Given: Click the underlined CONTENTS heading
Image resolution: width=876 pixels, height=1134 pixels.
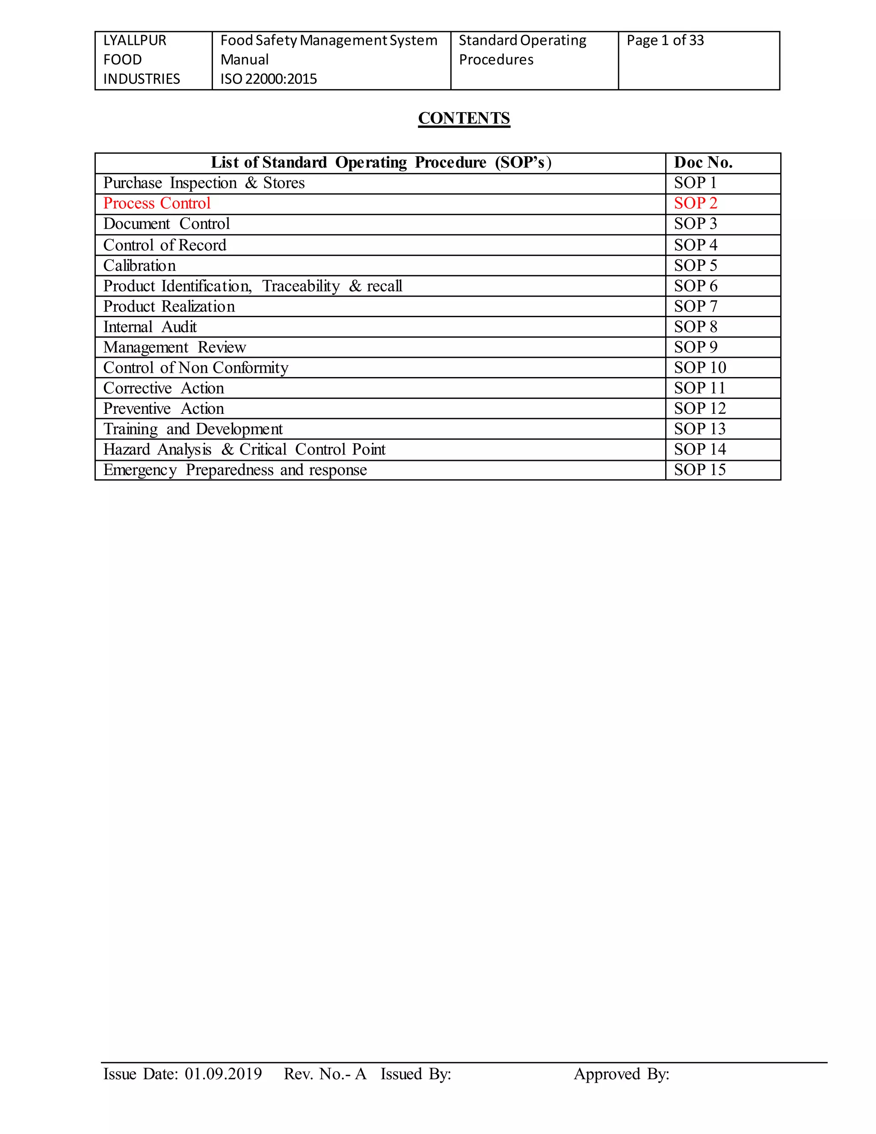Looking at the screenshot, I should click(x=464, y=119).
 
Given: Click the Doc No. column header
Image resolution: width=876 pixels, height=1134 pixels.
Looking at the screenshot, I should click(x=703, y=163).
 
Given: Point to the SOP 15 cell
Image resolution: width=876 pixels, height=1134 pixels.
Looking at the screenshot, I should click(x=699, y=470).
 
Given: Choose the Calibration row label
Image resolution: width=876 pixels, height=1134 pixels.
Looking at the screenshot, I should click(x=139, y=266).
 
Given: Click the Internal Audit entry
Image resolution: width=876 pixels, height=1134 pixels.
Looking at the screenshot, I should click(x=150, y=327).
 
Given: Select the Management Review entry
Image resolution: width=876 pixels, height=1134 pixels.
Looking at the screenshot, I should click(x=175, y=347).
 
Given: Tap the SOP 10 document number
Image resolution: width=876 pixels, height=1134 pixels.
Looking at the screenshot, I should click(x=699, y=368).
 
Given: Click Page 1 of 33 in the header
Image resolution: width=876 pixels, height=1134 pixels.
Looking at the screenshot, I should click(x=665, y=41).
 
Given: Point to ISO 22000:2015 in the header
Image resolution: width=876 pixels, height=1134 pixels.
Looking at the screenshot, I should click(x=268, y=79).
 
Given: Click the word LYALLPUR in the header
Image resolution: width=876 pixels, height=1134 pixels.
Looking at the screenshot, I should click(x=135, y=41).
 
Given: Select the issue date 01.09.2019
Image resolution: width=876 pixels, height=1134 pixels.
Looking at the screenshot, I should click(x=223, y=1074).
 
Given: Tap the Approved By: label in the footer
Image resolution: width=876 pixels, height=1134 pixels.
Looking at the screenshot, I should click(x=621, y=1074).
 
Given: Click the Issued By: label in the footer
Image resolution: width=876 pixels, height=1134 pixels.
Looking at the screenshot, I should click(x=416, y=1074).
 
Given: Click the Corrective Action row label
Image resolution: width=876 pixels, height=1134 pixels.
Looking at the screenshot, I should click(x=163, y=389).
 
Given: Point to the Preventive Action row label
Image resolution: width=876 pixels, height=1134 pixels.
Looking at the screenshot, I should click(x=163, y=409).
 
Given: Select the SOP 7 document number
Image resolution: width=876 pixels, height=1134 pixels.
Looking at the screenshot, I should click(x=695, y=306).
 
